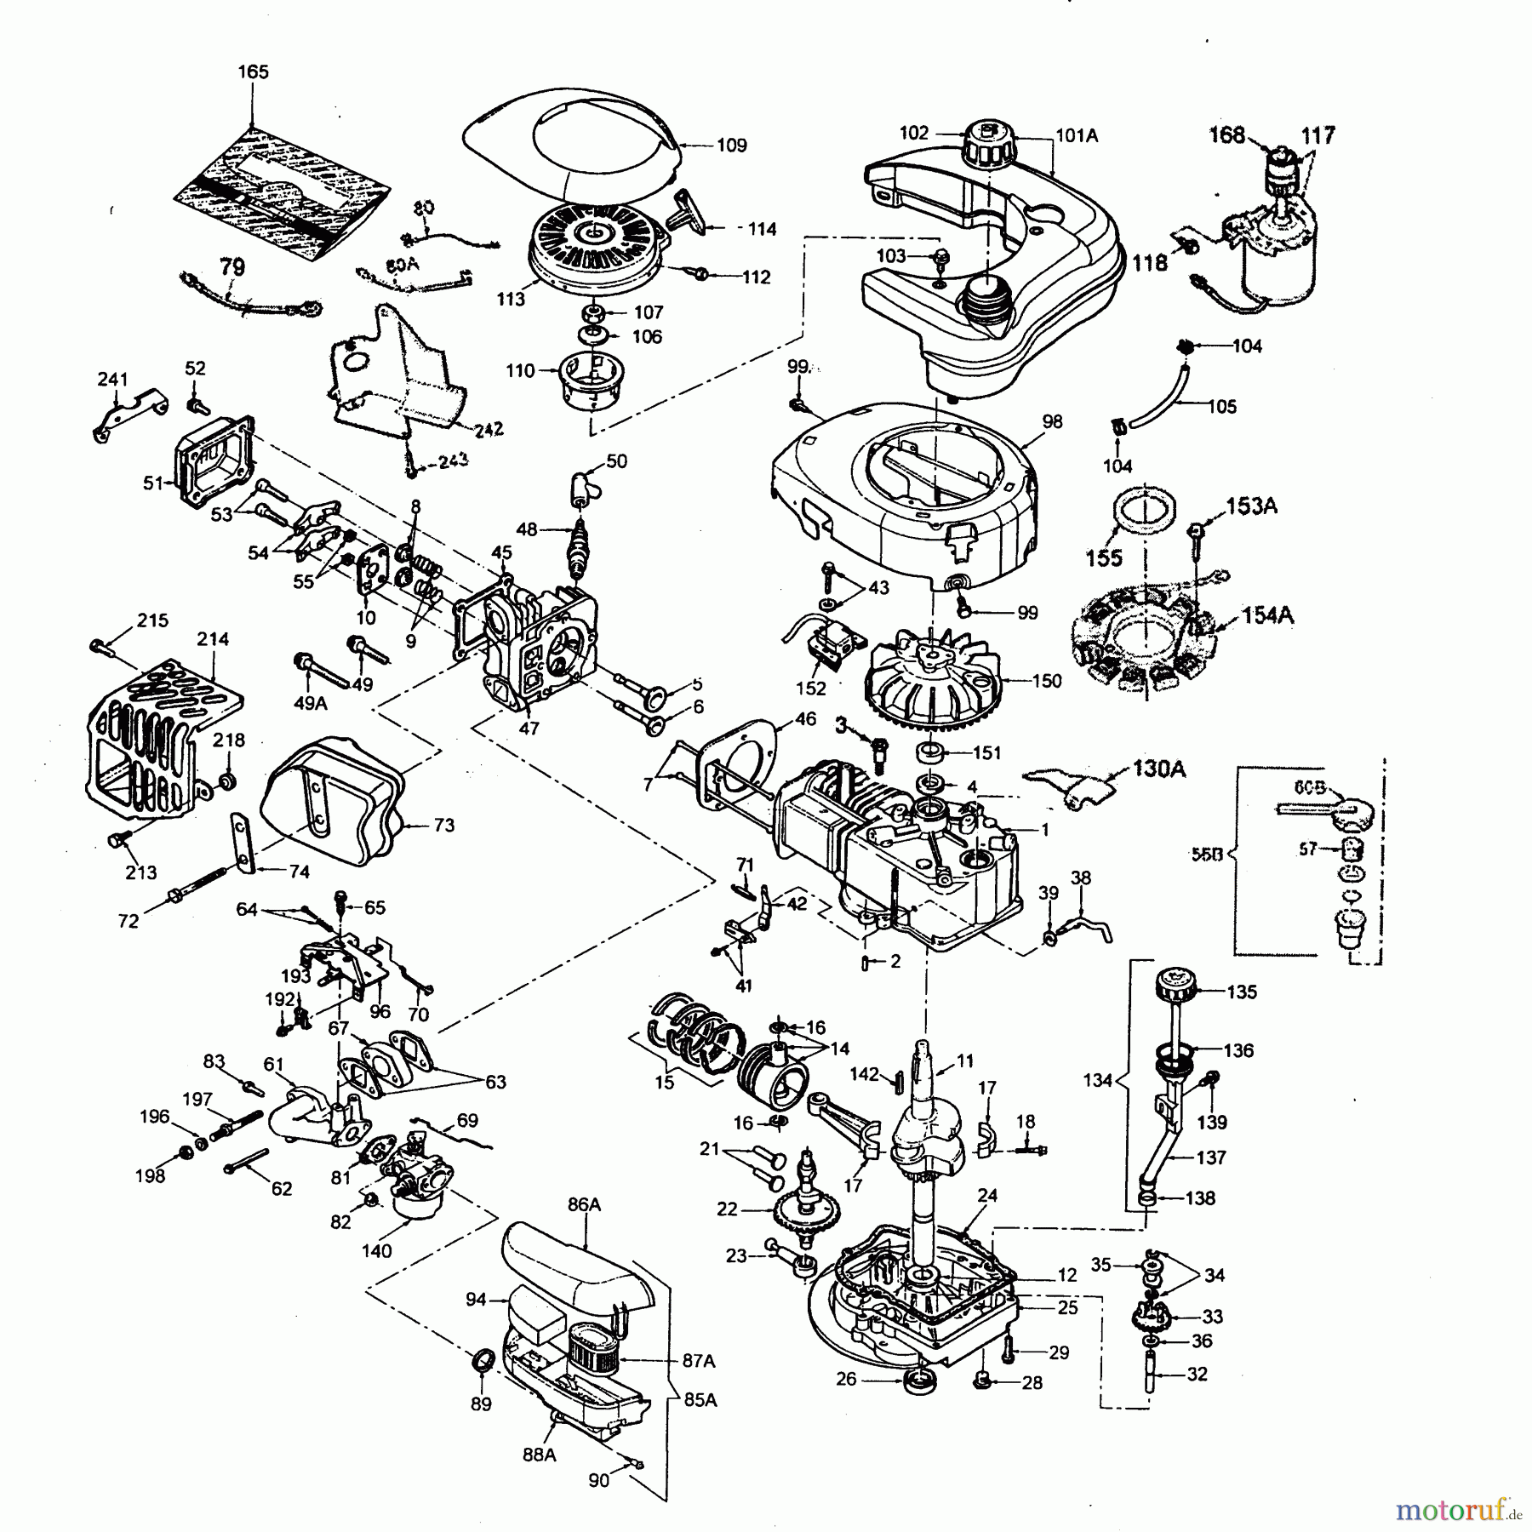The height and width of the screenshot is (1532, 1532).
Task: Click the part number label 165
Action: pos(253,72)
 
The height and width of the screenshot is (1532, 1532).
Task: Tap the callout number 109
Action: pos(731,146)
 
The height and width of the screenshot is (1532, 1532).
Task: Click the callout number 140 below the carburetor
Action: pos(376,1250)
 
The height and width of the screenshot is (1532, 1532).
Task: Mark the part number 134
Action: pos(1098,1080)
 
